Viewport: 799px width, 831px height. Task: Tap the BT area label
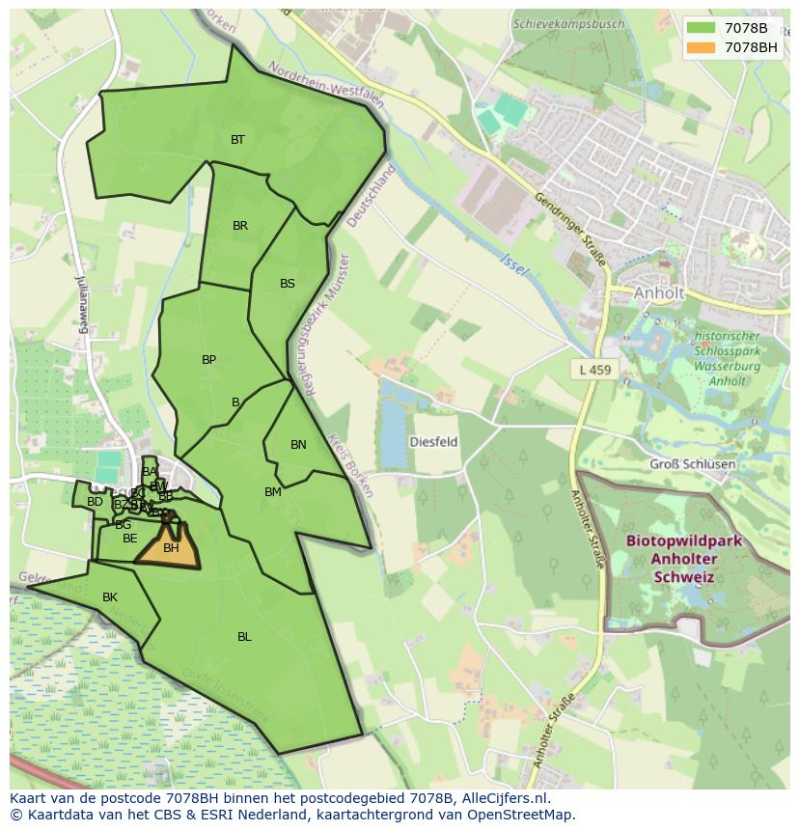(237, 140)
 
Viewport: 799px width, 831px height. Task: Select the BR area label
(240, 226)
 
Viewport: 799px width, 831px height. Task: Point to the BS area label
(288, 284)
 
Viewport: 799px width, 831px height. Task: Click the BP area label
(208, 360)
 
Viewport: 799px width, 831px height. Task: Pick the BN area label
(298, 445)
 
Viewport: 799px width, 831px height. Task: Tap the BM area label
(273, 492)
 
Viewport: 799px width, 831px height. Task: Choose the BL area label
(244, 637)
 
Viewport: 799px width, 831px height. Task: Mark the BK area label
(110, 597)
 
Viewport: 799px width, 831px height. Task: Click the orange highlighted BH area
(170, 549)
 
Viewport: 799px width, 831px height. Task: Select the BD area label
(95, 502)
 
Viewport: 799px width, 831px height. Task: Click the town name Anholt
(659, 292)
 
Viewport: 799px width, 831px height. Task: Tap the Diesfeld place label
(434, 442)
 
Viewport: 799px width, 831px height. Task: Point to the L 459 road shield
(595, 369)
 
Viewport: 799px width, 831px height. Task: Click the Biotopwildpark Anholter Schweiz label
(683, 559)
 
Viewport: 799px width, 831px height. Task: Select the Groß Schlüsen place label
(692, 464)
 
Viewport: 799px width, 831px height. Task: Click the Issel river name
(514, 263)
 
